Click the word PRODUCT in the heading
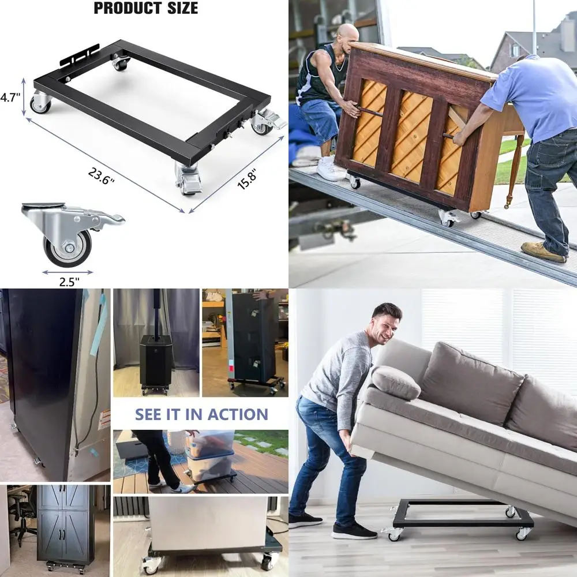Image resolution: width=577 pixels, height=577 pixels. coord(128,8)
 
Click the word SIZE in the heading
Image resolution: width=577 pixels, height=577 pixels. coord(182,8)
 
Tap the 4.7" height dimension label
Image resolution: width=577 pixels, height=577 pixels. coord(10,98)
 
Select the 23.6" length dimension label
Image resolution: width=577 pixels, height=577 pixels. coord(101,176)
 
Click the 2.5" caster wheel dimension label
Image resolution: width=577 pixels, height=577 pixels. coord(69,282)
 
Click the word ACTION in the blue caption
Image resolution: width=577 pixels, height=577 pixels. coord(238,414)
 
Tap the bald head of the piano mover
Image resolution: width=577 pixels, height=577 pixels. coord(347,35)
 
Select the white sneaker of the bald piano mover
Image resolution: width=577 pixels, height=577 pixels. coord(330,169)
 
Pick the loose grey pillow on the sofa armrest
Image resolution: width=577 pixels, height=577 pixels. coord(396,383)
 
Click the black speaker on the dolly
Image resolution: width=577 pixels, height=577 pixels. coord(156,361)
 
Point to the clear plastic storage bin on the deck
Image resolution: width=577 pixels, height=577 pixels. coord(211,456)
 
